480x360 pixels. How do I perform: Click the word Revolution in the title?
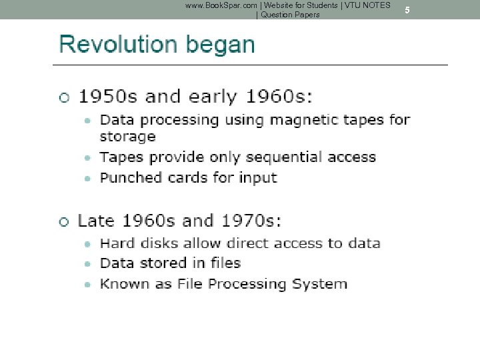tap(117, 45)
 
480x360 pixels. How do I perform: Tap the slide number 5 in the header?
tap(407, 10)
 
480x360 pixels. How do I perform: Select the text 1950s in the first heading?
tap(108, 97)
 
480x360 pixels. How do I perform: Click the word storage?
tap(127, 137)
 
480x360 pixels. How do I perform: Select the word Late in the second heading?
tap(96, 221)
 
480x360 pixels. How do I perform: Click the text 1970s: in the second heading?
tap(250, 221)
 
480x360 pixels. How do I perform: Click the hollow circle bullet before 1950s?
tap(64, 97)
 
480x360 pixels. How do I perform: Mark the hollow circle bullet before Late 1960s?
tap(64, 221)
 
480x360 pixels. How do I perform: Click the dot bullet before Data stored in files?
tap(88, 264)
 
